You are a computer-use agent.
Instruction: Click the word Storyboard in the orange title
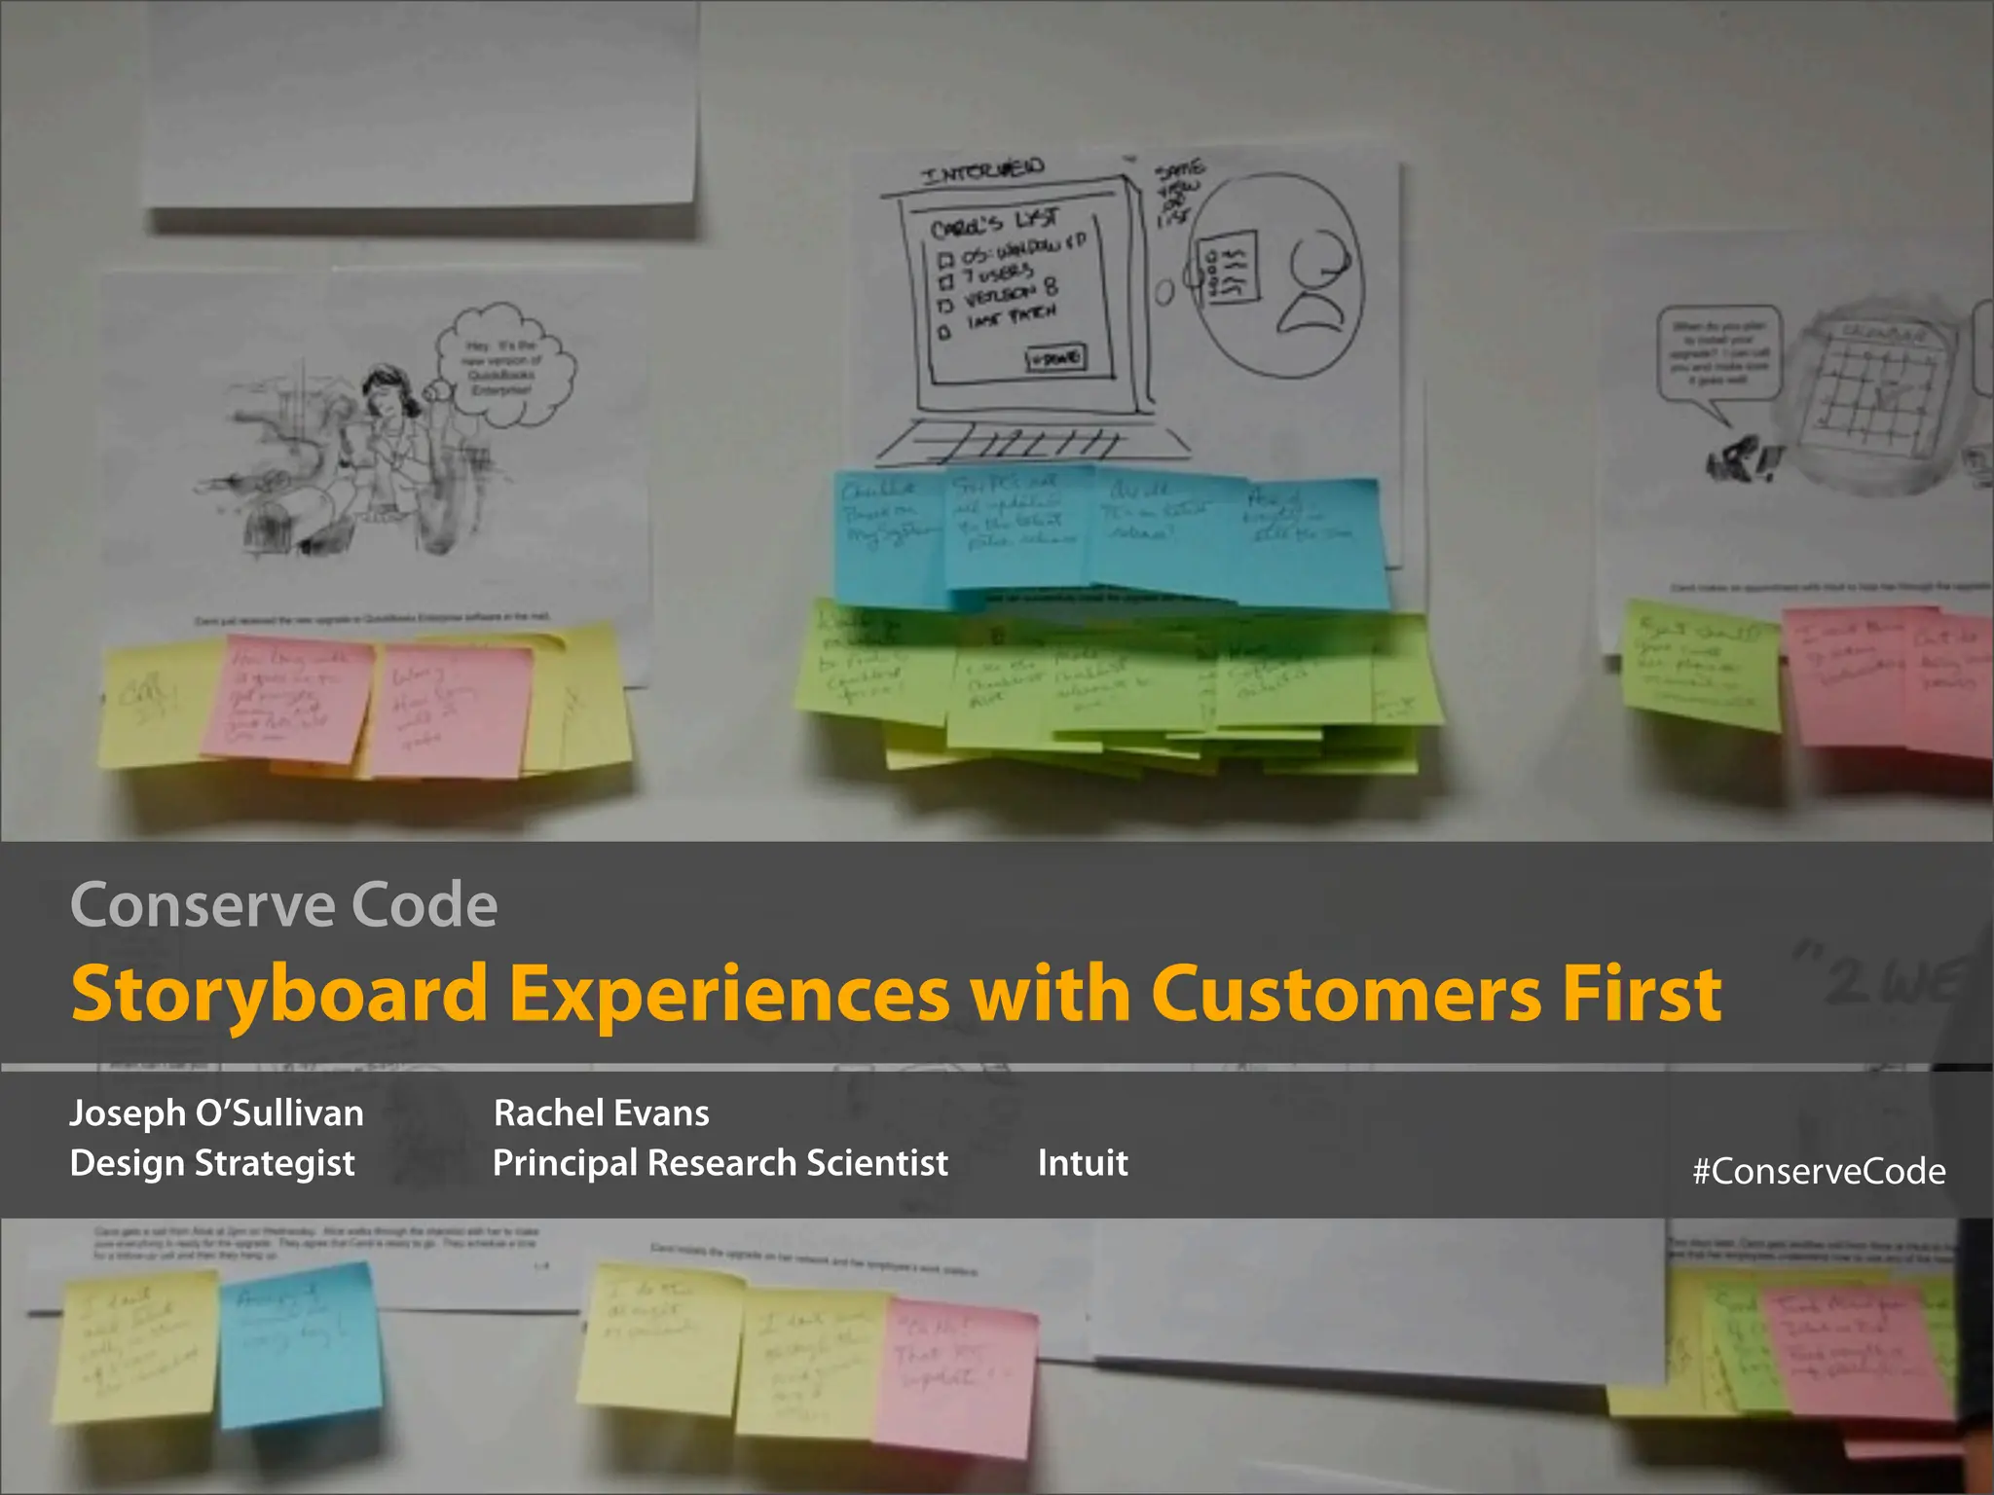pyautogui.click(x=279, y=994)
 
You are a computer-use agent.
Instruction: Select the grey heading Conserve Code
pyautogui.click(x=283, y=905)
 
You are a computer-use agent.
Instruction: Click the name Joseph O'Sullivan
pyautogui.click(x=216, y=1112)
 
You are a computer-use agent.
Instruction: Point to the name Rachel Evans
pyautogui.click(x=601, y=1112)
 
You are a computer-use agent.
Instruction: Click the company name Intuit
pyautogui.click(x=1082, y=1162)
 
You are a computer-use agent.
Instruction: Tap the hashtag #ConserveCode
pyautogui.click(x=1819, y=1171)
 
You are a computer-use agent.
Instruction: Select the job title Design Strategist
pyautogui.click(x=212, y=1162)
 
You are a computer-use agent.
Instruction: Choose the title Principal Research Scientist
pyautogui.click(x=720, y=1162)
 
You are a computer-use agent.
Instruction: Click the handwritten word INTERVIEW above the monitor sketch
pyautogui.click(x=983, y=172)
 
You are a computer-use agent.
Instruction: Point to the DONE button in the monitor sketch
pyautogui.click(x=1055, y=358)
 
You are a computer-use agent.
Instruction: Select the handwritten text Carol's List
pyautogui.click(x=993, y=224)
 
